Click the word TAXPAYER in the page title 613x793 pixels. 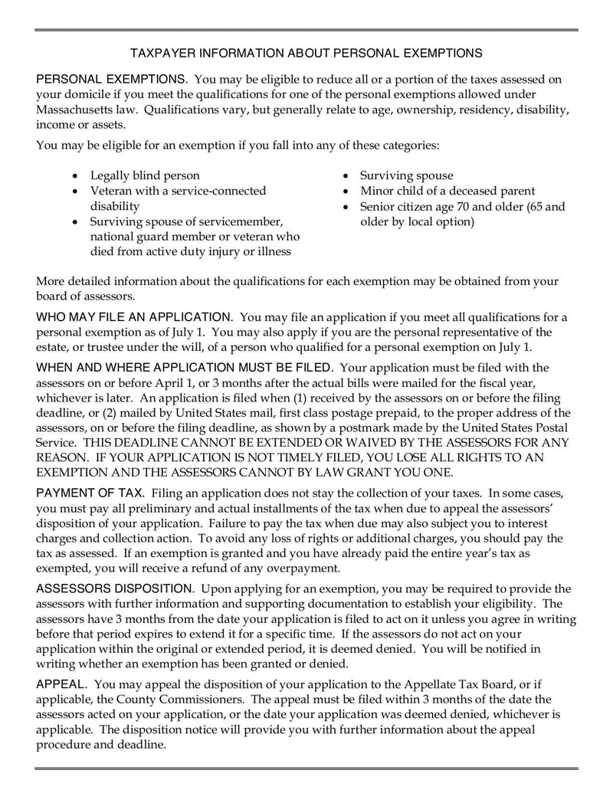[162, 54]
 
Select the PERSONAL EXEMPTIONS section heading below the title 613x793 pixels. [111, 80]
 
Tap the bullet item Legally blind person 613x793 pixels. [145, 175]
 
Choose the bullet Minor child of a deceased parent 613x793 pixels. [447, 191]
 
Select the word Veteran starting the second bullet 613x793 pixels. [112, 191]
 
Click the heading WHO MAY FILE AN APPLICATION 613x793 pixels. [135, 317]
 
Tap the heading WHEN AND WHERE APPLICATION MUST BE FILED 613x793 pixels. [185, 368]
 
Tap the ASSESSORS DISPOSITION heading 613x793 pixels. [115, 588]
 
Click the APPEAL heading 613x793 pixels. [62, 684]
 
